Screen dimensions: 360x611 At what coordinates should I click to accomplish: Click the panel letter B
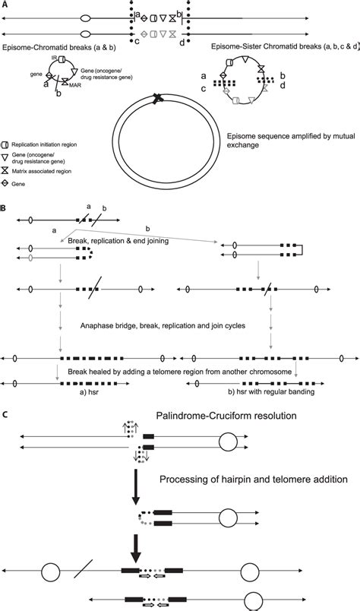(3, 208)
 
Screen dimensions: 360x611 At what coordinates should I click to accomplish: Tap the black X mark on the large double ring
(158, 99)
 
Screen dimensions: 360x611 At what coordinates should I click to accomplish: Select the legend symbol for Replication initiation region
(6, 144)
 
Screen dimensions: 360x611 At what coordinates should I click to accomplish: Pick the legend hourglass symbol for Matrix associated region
(6, 171)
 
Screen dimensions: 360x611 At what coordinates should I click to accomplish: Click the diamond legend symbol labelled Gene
(6, 184)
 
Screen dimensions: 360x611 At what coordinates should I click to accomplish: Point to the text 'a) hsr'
(89, 392)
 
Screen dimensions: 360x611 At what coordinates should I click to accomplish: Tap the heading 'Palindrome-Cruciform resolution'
(226, 416)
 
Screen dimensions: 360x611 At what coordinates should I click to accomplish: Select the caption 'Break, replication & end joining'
(118, 241)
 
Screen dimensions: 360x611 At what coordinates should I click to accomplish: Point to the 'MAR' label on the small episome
(77, 85)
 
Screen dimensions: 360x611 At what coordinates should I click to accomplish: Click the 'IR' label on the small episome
(55, 57)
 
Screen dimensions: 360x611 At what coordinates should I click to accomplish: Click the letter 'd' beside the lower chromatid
(182, 43)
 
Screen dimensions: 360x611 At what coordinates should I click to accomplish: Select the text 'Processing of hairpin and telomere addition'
(254, 480)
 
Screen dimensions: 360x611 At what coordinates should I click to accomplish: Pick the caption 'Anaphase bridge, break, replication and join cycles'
(163, 326)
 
